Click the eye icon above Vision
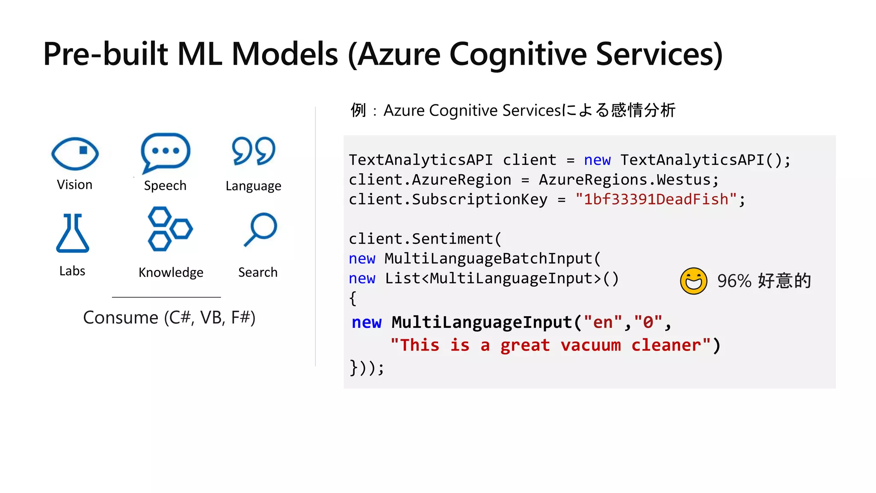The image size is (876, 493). [x=75, y=153]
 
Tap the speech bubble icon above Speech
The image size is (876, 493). [x=165, y=152]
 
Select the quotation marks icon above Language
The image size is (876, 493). [x=253, y=151]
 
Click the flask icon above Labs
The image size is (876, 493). [x=73, y=233]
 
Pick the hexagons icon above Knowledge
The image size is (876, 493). [x=170, y=229]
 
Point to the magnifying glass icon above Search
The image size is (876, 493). [x=260, y=229]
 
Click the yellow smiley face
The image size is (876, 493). [x=693, y=281]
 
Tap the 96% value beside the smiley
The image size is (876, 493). [x=734, y=281]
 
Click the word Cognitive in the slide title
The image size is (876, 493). [x=518, y=55]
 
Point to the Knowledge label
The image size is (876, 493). [x=171, y=272]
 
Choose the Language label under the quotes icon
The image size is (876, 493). [x=253, y=186]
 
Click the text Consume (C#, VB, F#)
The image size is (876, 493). [x=169, y=318]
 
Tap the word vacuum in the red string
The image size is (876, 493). [x=590, y=345]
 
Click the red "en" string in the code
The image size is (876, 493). [x=602, y=322]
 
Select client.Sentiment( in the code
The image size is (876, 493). [x=425, y=239]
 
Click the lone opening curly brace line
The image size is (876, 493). [x=353, y=298]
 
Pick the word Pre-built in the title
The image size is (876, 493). [x=106, y=55]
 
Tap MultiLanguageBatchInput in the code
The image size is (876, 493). [x=488, y=258]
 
